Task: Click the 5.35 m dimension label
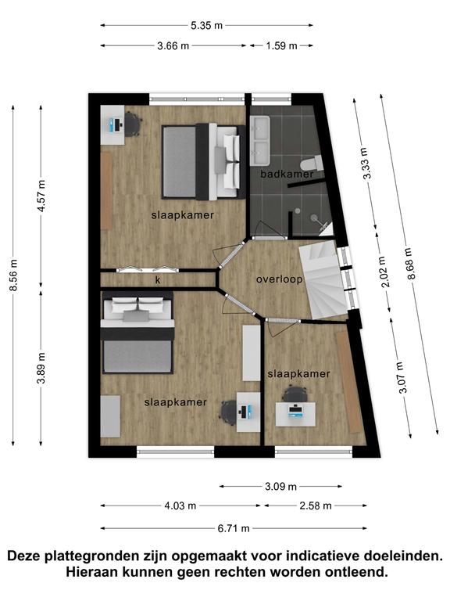(206, 26)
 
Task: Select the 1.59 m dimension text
(281, 46)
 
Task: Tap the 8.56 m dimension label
(14, 275)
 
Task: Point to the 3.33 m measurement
(367, 164)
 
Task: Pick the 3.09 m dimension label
(281, 487)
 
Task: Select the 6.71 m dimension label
(234, 528)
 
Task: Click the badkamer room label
(287, 174)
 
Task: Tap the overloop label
(280, 279)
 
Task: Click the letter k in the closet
(158, 280)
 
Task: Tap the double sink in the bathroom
(261, 141)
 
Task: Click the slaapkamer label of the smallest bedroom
(299, 374)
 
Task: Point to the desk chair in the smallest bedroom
(295, 394)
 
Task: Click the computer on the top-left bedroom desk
(116, 124)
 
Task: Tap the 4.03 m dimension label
(180, 506)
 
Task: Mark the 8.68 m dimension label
(410, 264)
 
